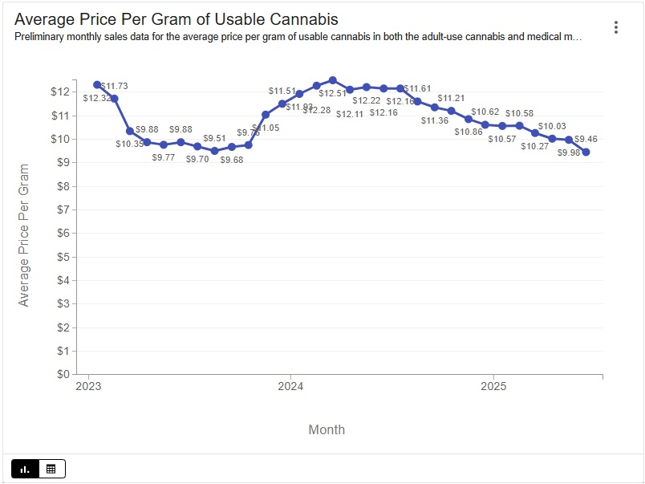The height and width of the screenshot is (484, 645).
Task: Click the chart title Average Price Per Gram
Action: coord(176,19)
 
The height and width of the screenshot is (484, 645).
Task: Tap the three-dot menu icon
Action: coord(616,27)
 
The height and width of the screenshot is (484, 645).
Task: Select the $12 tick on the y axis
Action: coord(60,92)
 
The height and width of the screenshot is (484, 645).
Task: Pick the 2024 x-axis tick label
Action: coord(290,386)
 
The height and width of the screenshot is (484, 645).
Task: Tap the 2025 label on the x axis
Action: coord(493,386)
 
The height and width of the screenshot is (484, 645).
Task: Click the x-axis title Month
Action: coord(327,429)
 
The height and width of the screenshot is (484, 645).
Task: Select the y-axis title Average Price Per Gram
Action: coord(24,235)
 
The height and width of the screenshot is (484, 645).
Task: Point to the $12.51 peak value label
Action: coord(332,94)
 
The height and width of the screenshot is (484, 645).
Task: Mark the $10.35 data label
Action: coord(128,144)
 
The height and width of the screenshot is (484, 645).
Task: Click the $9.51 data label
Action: coord(215,138)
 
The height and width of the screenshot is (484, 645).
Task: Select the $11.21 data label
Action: coord(451,98)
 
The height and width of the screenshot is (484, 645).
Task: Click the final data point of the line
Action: coord(586,152)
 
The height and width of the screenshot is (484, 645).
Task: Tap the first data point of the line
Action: coord(97,84)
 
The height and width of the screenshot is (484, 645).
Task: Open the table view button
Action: coord(51,469)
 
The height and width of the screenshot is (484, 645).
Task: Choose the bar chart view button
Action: coord(25,469)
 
